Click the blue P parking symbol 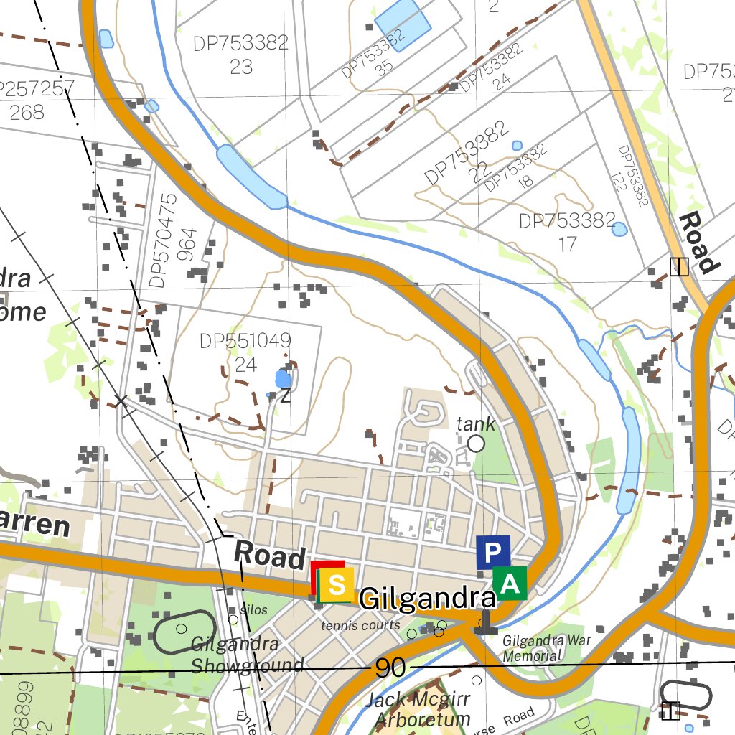tap(492, 552)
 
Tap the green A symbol tap(510, 583)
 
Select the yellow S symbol tap(335, 585)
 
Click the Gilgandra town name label tap(428, 599)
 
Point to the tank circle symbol tap(476, 444)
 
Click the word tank tap(475, 424)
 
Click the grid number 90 tap(390, 669)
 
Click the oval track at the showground tap(184, 632)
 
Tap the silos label tap(253, 610)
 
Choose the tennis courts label tap(360, 625)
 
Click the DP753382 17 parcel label tap(567, 232)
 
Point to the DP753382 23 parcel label tap(241, 55)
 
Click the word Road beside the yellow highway tap(698, 243)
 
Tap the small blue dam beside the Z tap(284, 378)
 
